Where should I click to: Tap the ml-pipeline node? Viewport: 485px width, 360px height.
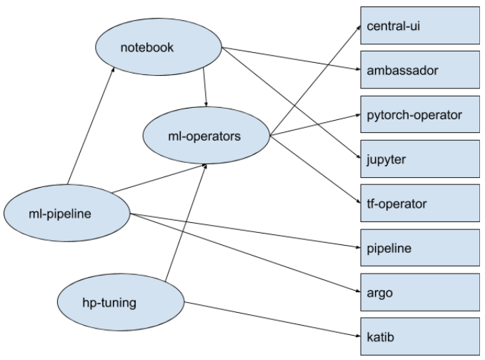click(66, 211)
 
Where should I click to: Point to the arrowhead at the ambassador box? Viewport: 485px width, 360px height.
click(355, 70)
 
